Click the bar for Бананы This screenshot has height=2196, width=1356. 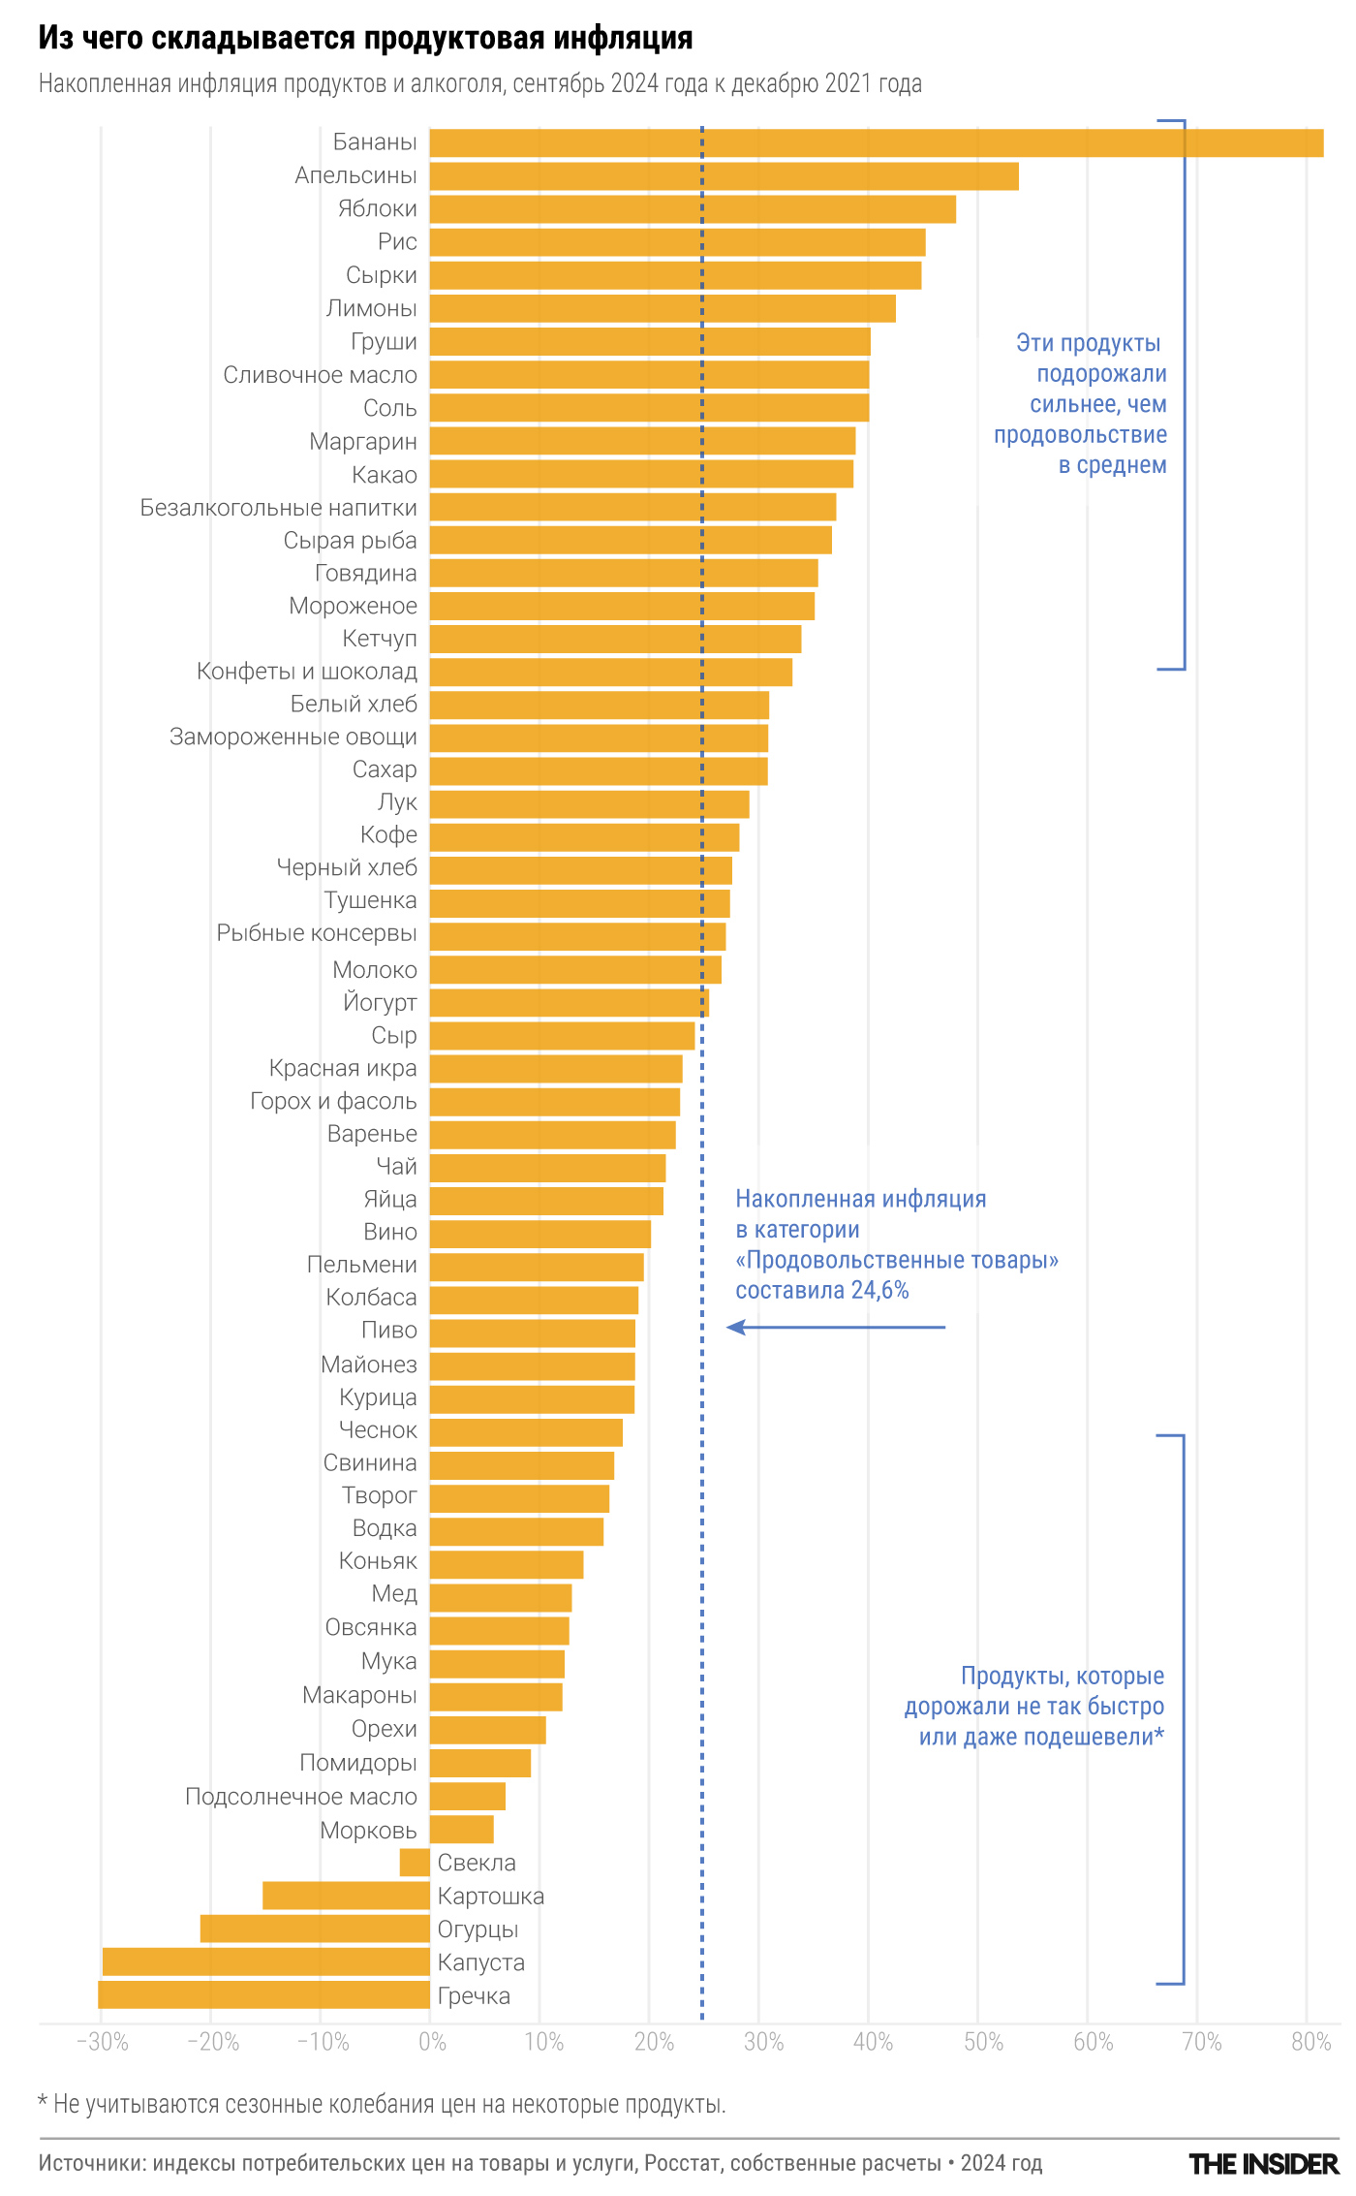coord(876,142)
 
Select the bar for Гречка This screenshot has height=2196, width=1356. coord(263,1995)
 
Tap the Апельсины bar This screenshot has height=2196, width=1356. coord(724,176)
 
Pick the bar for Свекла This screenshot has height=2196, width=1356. coord(415,1863)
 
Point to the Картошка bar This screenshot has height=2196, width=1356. coord(346,1896)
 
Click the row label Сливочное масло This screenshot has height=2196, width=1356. coord(320,375)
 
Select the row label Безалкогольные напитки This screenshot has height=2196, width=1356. coord(278,508)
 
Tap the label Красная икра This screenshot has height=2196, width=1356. coord(343,1068)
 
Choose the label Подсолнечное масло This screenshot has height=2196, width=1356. coord(300,1797)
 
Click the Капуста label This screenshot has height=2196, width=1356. coord(481,1962)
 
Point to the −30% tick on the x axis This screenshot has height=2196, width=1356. coord(102,2042)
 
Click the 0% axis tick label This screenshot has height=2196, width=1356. coord(432,2042)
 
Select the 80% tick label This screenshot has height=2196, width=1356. coord(1310,2042)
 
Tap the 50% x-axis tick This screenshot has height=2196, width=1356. coord(982,2042)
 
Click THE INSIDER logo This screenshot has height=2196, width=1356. coord(1263,2164)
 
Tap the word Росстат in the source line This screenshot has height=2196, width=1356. coord(683,2163)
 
